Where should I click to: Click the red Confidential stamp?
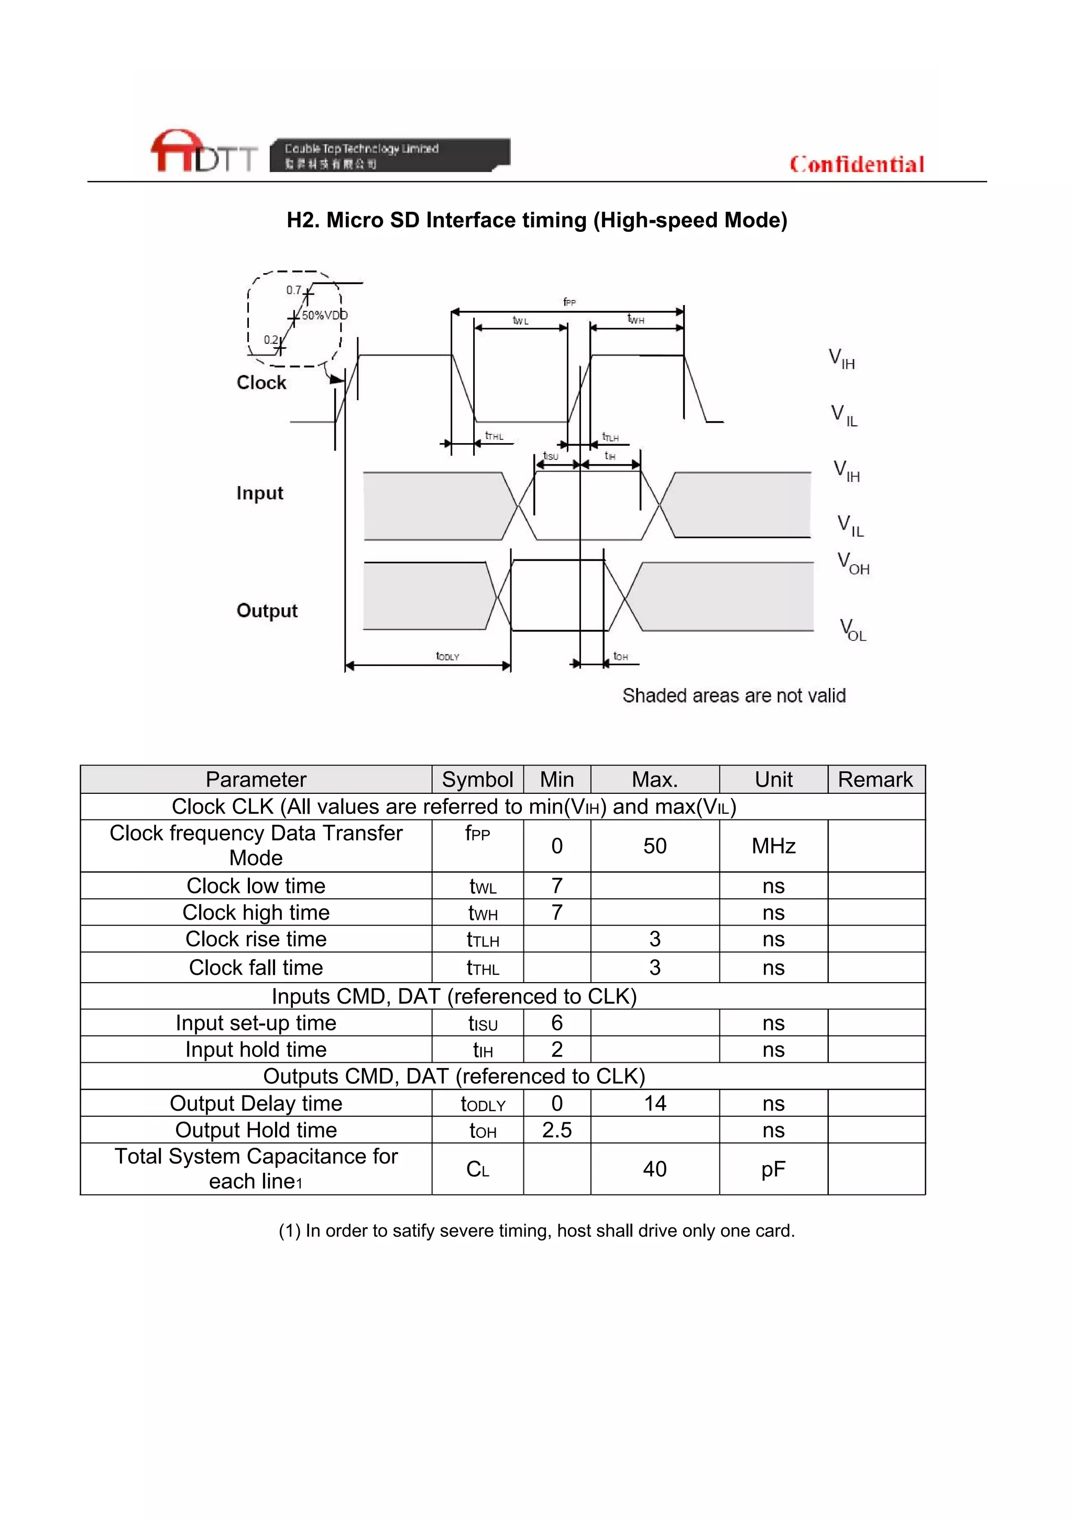coord(857,164)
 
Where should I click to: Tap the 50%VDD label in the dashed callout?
coord(324,316)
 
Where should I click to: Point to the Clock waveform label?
coord(261,382)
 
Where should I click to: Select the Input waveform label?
coord(259,493)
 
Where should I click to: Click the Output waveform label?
coord(267,610)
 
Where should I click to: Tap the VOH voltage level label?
coord(853,564)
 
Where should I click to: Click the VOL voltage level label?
coord(853,630)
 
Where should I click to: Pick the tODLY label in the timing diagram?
coord(447,656)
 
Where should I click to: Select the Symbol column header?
coord(477,779)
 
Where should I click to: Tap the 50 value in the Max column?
coord(654,846)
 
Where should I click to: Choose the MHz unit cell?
coord(773,846)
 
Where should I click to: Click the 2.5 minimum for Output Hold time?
coord(556,1130)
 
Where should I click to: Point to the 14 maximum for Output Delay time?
coord(654,1103)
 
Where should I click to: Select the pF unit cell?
coord(773,1169)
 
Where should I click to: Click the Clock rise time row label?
coord(256,939)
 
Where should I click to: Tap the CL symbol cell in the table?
coord(477,1169)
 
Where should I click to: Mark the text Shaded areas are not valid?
coord(734,695)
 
